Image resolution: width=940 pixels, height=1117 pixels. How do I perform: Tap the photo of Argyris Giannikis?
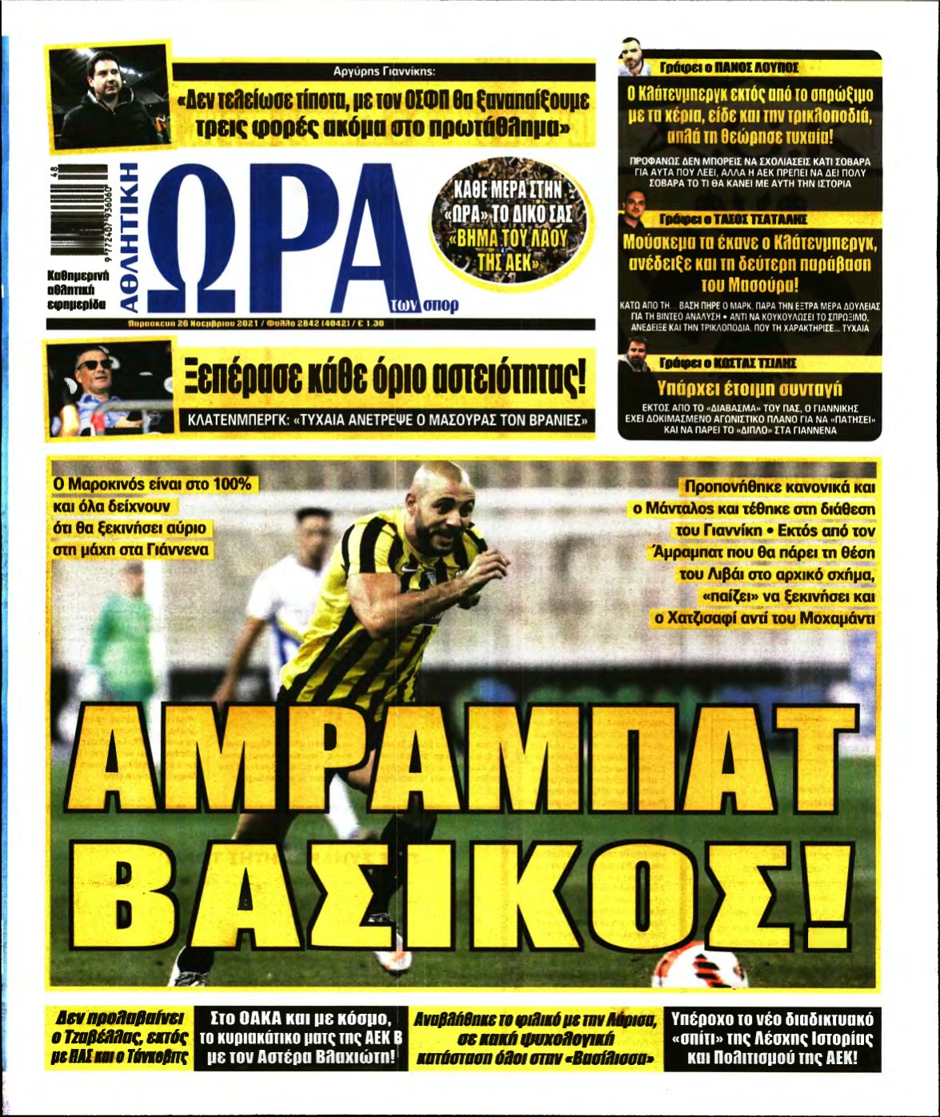point(109,97)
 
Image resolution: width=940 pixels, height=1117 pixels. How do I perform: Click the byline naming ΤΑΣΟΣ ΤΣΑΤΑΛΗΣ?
point(732,218)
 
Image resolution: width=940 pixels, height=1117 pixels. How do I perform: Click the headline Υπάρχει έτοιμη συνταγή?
point(749,389)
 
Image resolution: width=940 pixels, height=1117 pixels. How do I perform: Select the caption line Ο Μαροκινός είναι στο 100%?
point(152,485)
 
